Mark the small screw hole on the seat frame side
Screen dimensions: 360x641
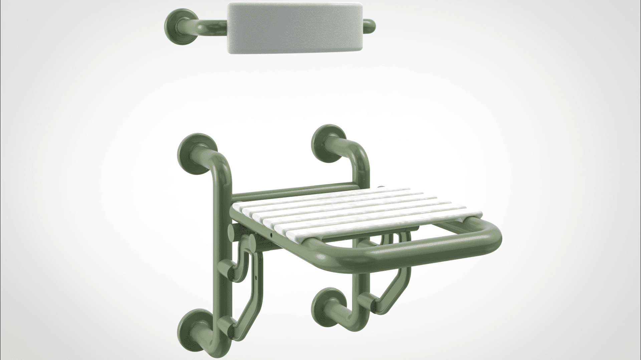[271, 235]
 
